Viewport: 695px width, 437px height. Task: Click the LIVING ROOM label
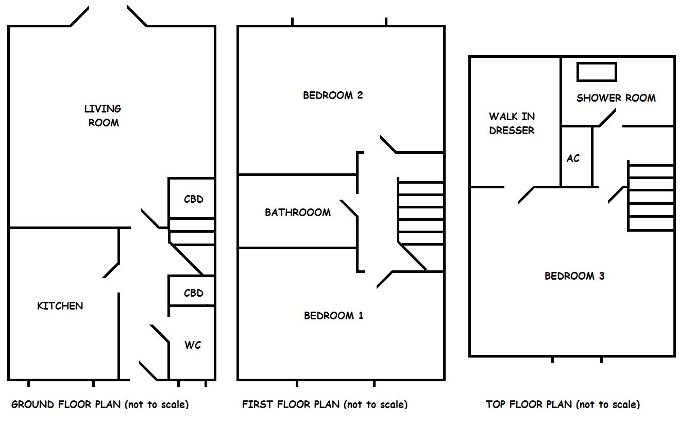(103, 116)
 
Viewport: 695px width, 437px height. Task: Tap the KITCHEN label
(60, 306)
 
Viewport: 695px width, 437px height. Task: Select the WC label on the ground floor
(193, 345)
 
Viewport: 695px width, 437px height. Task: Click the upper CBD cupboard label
(194, 199)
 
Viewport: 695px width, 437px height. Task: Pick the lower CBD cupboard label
(194, 293)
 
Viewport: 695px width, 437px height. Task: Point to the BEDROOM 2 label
(333, 95)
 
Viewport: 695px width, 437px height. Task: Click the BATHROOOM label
(298, 213)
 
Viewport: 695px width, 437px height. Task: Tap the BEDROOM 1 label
(333, 315)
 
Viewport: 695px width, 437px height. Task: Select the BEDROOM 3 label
(574, 276)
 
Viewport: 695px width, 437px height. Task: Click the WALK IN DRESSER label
(512, 123)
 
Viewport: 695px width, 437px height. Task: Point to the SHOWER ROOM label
(616, 98)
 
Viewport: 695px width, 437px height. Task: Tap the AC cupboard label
(573, 158)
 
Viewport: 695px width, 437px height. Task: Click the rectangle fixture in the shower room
(597, 72)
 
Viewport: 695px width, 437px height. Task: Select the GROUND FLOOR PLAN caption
(100, 404)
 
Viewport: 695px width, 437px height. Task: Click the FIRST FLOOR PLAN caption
(325, 404)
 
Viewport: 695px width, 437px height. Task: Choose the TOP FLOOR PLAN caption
(563, 404)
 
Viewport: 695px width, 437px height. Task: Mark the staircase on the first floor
(421, 212)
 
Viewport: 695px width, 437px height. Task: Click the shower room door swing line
(607, 117)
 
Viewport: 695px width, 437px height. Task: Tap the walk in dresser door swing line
(526, 195)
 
